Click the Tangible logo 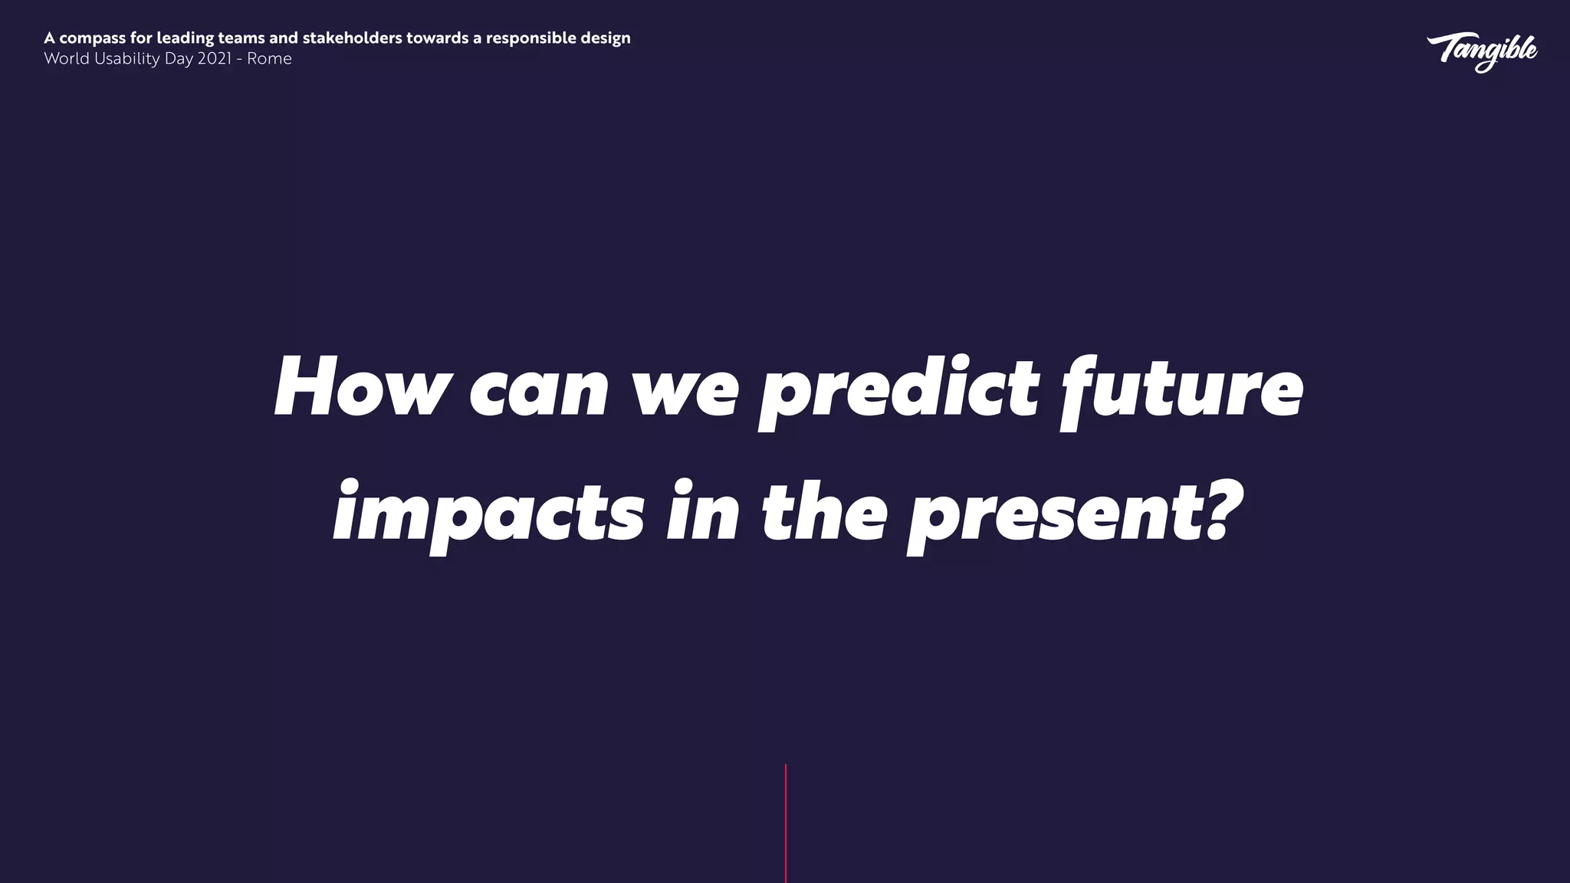pyautogui.click(x=1481, y=51)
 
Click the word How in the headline pyautogui.click(x=359, y=387)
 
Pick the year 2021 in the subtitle pyautogui.click(x=214, y=59)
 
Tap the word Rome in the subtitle pyautogui.click(x=269, y=59)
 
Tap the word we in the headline pyautogui.click(x=684, y=391)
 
